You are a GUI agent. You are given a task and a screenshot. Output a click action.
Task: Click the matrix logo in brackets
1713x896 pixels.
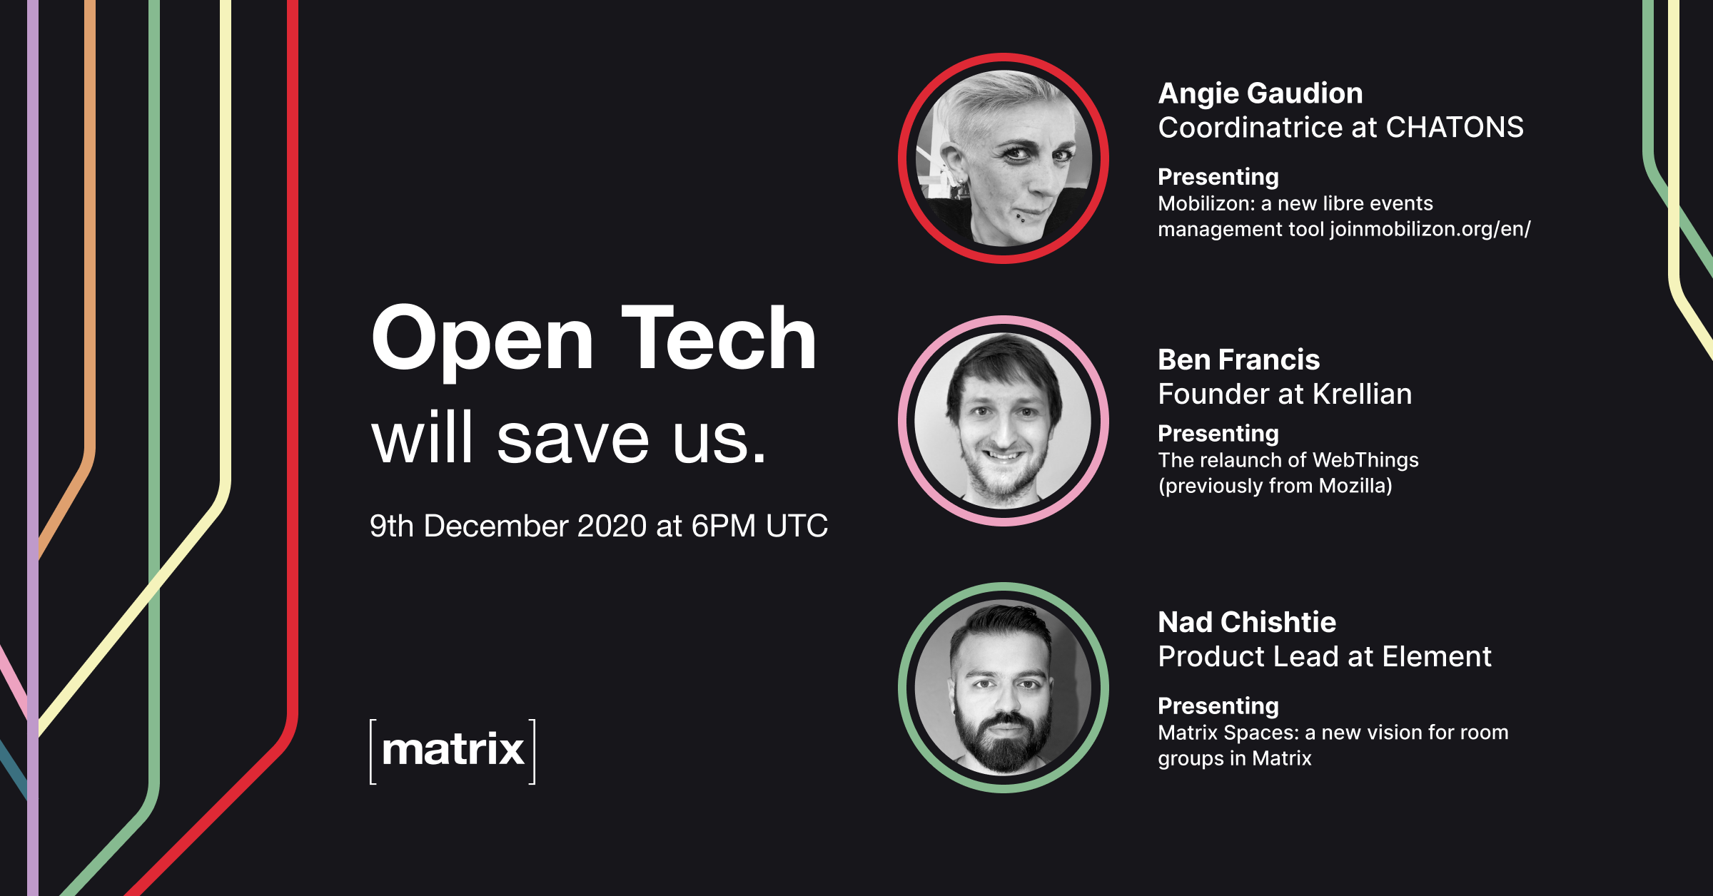[453, 751]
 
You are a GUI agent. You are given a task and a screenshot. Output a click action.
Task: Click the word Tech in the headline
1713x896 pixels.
[719, 339]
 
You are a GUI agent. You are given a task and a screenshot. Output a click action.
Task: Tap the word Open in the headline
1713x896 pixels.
[482, 341]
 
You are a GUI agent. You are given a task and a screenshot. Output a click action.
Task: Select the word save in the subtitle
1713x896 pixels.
[572, 439]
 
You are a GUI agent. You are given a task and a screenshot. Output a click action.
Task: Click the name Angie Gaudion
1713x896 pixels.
[1260, 93]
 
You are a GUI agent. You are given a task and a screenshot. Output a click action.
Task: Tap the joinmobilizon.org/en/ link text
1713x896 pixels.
[1430, 229]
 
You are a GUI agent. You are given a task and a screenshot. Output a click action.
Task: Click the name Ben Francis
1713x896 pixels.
[1238, 360]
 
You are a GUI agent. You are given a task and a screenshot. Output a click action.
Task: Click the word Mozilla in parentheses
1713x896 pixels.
[1352, 487]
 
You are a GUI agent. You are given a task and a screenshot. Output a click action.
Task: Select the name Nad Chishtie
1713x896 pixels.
[1246, 622]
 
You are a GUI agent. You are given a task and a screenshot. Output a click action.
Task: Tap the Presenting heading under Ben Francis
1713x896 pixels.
[1218, 434]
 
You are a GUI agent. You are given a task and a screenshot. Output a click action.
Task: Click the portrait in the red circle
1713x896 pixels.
[1003, 158]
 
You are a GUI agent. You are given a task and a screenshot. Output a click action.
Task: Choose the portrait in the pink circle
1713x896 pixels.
[1003, 421]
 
